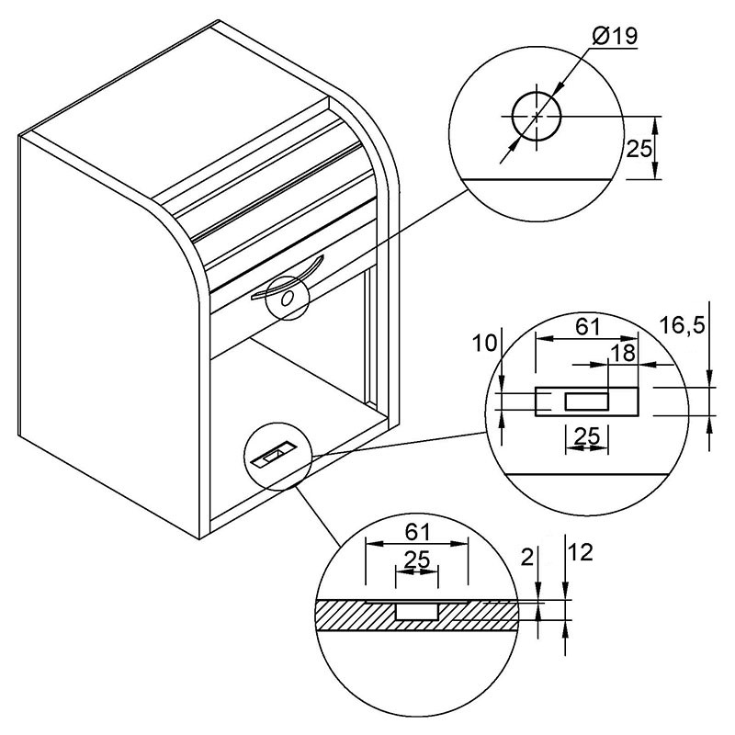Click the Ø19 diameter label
tap(615, 36)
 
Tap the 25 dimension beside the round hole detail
tap(639, 149)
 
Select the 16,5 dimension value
tap(682, 325)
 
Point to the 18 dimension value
tap(623, 353)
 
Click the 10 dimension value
tap(484, 344)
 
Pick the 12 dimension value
tap(581, 552)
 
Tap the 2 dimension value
tap(527, 558)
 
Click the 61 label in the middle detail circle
tap(588, 326)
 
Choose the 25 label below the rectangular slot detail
tap(587, 436)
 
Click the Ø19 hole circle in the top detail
tap(537, 94)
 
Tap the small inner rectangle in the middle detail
tap(586, 401)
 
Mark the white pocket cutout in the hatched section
tap(417, 612)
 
